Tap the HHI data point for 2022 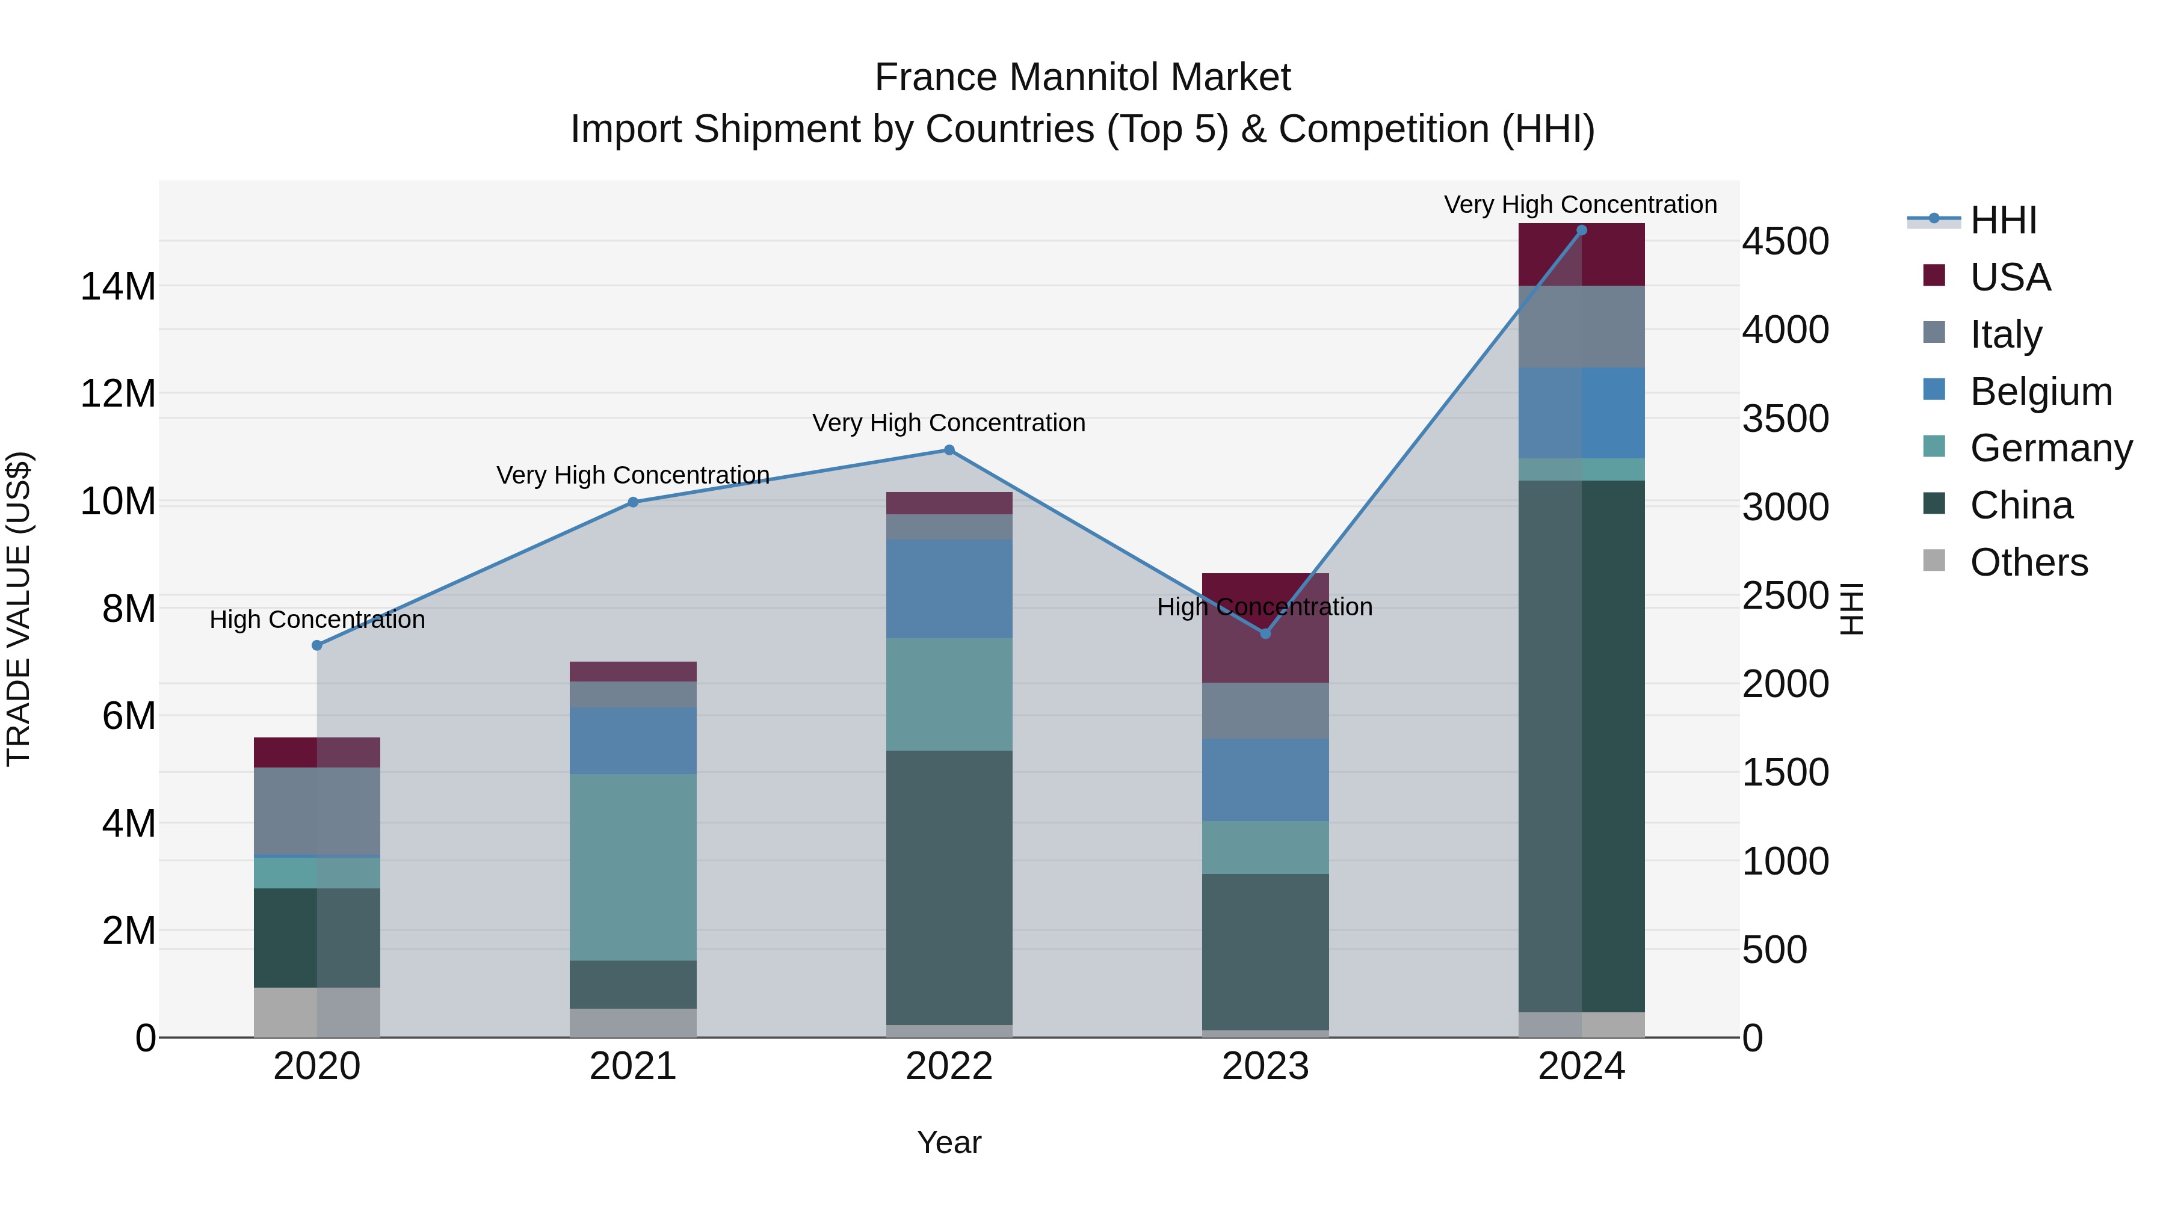click(x=949, y=450)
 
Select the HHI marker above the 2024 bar click(x=1582, y=230)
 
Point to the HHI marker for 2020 click(x=317, y=645)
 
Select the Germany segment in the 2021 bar click(x=633, y=867)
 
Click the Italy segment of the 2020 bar click(x=317, y=811)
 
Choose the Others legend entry click(x=2028, y=562)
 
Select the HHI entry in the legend click(x=2003, y=220)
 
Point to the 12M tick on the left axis click(x=118, y=393)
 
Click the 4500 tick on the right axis click(x=1785, y=241)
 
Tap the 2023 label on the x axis click(x=1265, y=1066)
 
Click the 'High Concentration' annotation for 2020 click(x=317, y=620)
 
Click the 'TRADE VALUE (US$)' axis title click(x=19, y=609)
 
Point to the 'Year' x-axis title click(x=949, y=1142)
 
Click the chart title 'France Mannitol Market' click(x=1082, y=78)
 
